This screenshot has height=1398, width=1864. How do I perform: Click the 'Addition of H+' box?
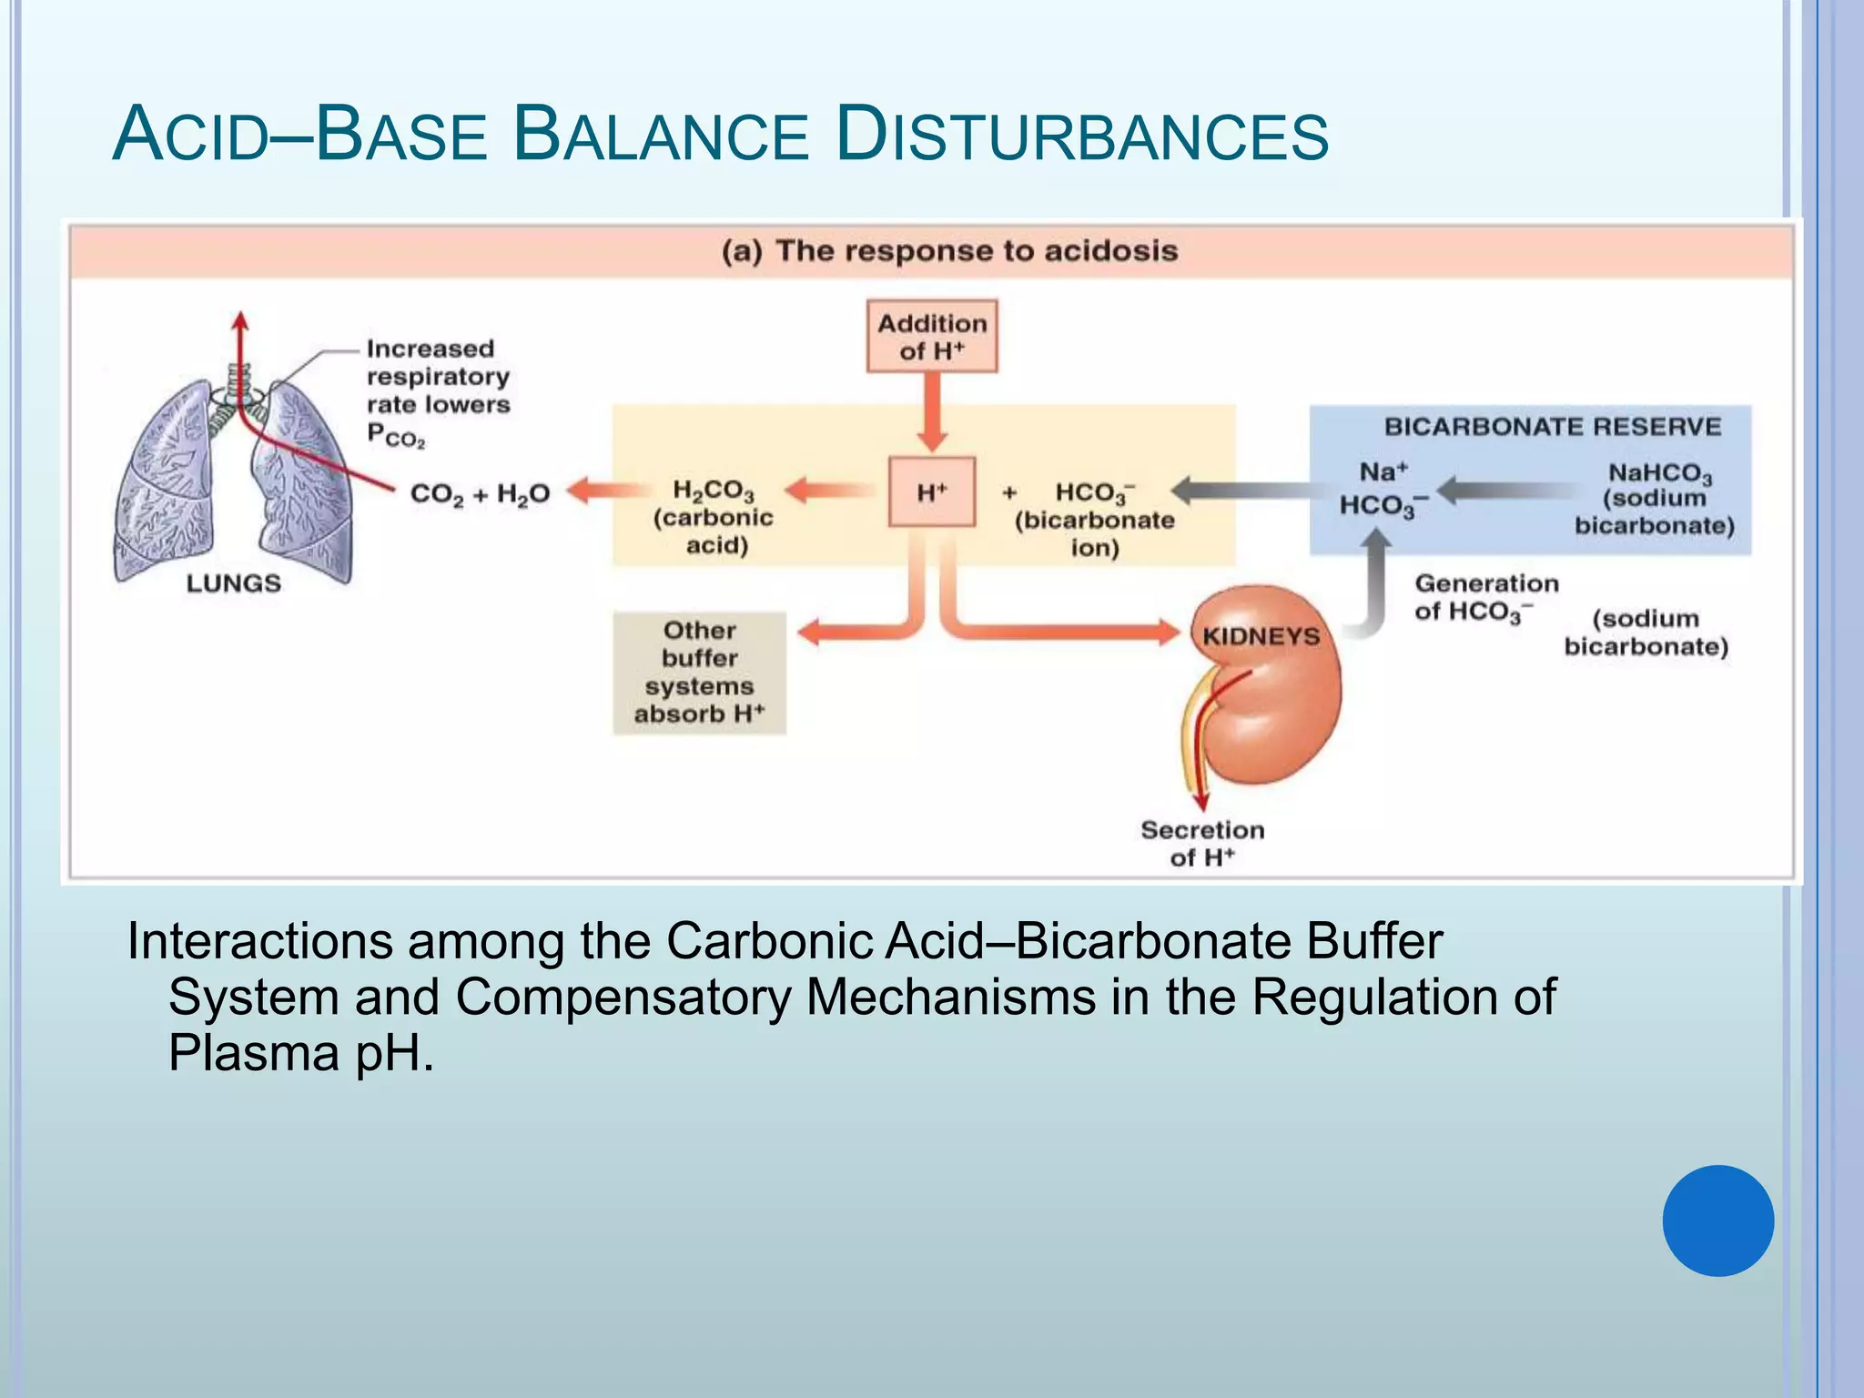[x=931, y=337]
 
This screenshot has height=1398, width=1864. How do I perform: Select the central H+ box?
[x=931, y=492]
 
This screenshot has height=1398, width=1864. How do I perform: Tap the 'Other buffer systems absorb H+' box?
[x=699, y=673]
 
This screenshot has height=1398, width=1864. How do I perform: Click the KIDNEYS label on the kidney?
[x=1261, y=636]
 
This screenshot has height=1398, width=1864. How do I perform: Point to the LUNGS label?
[x=233, y=583]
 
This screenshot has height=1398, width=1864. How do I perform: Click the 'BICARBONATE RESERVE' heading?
[x=1552, y=427]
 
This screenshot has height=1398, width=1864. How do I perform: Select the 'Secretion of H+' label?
[x=1202, y=843]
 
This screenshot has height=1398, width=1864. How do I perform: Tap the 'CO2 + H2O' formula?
[x=480, y=494]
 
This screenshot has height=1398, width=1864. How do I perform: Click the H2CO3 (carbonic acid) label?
[x=714, y=516]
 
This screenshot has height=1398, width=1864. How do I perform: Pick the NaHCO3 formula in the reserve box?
[x=1660, y=473]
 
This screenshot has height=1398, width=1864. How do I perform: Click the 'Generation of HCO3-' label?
[x=1485, y=597]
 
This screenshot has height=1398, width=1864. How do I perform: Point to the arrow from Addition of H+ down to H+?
[x=931, y=411]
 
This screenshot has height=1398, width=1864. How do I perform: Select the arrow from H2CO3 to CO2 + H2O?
[x=604, y=492]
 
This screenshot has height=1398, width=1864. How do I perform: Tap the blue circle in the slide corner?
[x=1717, y=1221]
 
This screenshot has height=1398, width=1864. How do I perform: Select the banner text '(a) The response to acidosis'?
[x=949, y=251]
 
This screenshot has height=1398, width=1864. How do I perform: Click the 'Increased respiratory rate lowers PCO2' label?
[x=438, y=391]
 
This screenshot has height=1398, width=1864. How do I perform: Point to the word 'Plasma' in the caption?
[x=254, y=1053]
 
